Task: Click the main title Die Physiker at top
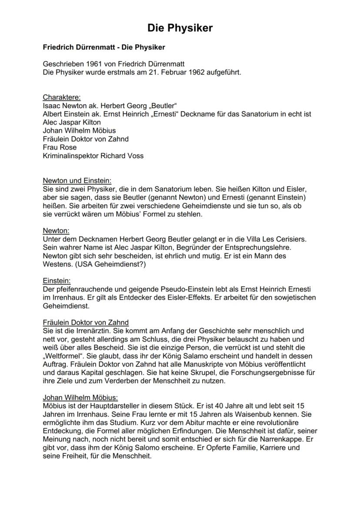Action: (x=180, y=28)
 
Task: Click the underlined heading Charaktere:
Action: (x=62, y=97)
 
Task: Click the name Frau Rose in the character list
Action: (x=60, y=147)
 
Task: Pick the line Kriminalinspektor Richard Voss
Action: (x=93, y=156)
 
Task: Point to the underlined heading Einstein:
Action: (x=57, y=281)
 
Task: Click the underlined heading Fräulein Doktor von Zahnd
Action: (x=86, y=323)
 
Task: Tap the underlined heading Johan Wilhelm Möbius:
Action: (x=80, y=397)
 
